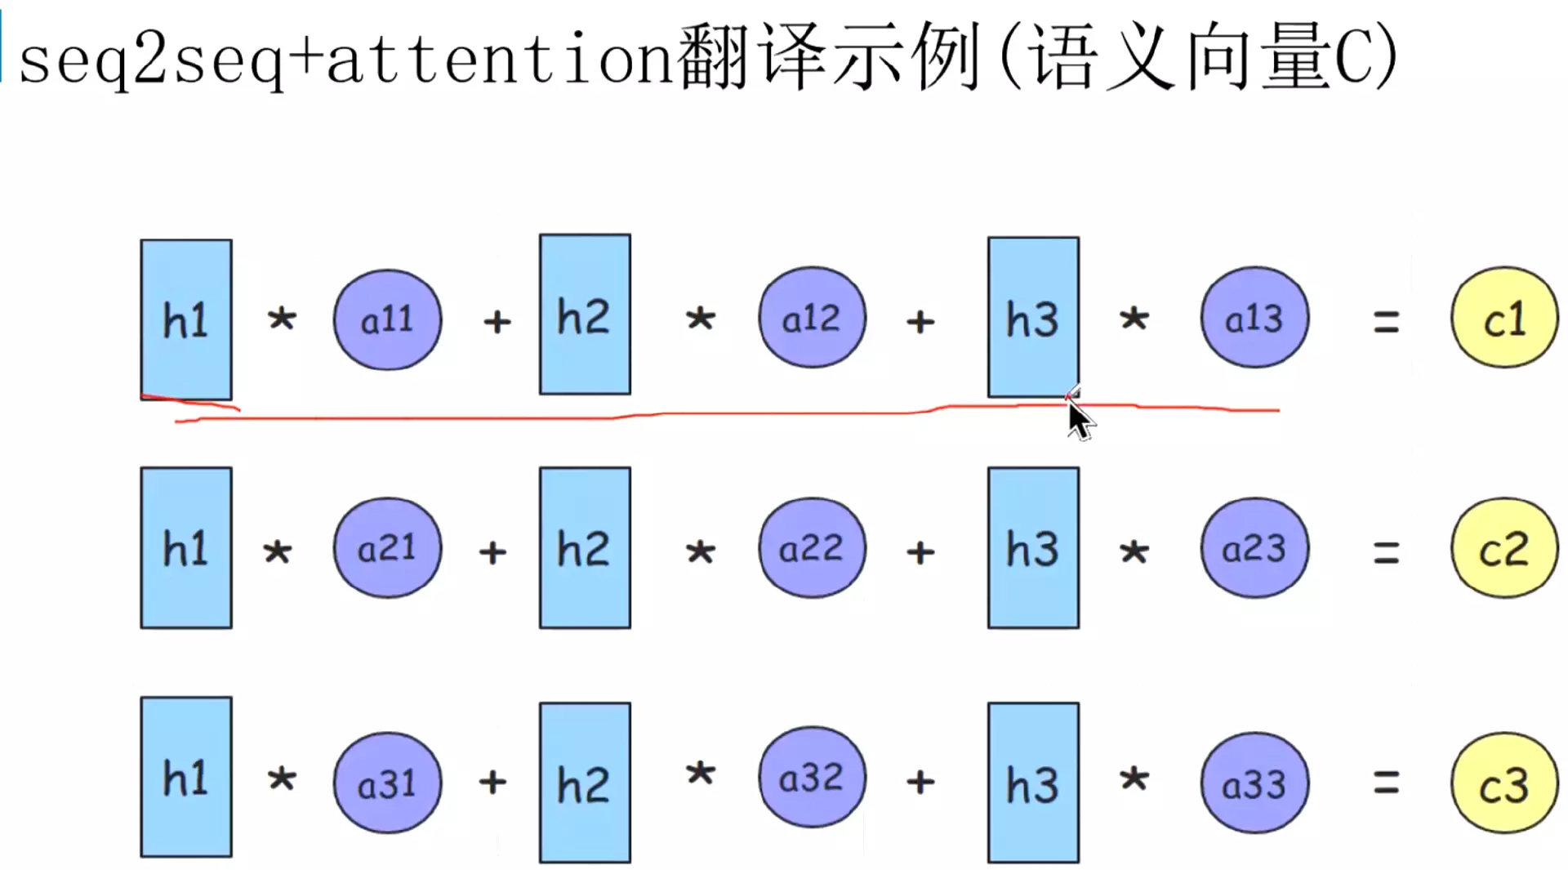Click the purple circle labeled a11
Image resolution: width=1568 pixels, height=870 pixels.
click(x=387, y=319)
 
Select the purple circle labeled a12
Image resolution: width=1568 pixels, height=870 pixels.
click(x=812, y=317)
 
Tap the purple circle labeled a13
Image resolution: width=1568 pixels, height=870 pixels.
click(x=1254, y=317)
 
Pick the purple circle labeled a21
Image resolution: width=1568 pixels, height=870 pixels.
click(x=387, y=547)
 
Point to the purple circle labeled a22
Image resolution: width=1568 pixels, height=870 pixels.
click(x=812, y=547)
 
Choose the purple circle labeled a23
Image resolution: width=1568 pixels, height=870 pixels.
click(x=1254, y=547)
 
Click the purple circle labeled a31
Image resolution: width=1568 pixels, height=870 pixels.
click(x=387, y=783)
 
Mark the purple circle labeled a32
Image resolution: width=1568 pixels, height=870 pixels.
click(x=812, y=777)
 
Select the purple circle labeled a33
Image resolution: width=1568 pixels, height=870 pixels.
click(x=1254, y=783)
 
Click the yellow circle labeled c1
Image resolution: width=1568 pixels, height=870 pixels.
click(x=1504, y=318)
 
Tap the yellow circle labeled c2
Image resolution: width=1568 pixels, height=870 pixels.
click(x=1504, y=547)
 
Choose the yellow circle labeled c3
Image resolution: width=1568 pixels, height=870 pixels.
click(x=1504, y=783)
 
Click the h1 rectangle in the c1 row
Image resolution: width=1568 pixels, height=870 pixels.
click(x=186, y=319)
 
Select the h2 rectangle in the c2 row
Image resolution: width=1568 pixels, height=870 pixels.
click(x=585, y=547)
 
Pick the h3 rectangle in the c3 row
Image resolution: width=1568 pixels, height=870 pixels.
click(x=1033, y=783)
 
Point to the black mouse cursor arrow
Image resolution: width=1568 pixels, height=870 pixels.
click(x=1080, y=420)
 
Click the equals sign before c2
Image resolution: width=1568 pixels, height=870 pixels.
click(x=1386, y=553)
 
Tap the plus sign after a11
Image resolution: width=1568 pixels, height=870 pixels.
click(x=497, y=322)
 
